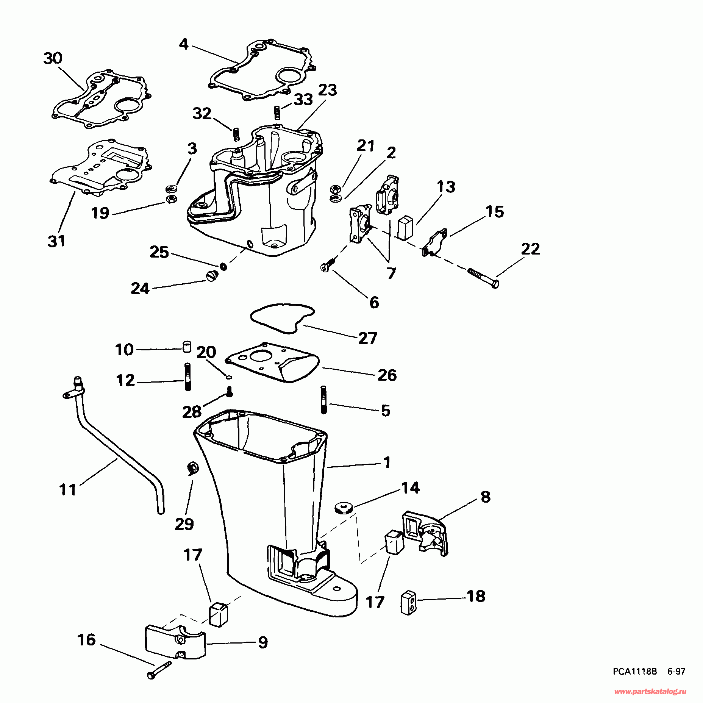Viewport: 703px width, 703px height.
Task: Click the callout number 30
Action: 53,58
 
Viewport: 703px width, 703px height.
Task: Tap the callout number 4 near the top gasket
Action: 184,44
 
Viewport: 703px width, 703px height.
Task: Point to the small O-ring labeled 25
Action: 223,266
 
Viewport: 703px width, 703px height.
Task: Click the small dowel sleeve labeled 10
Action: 187,347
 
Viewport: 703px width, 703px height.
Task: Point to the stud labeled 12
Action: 187,376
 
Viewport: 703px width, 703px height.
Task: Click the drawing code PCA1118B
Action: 635,672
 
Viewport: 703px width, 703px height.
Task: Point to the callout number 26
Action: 387,375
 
